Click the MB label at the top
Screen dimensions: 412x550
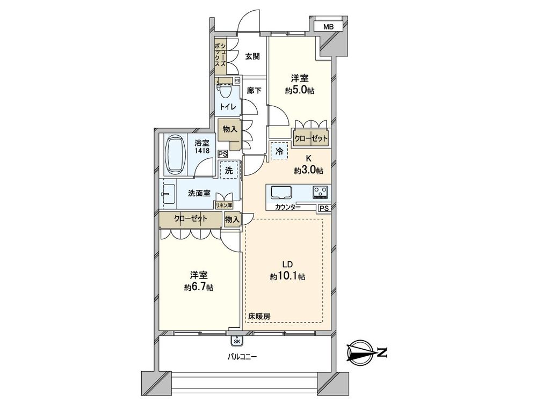pos(329,26)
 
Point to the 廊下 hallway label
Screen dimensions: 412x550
pos(254,91)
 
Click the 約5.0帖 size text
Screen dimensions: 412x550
pos(299,90)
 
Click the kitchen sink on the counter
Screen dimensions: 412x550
pos(281,192)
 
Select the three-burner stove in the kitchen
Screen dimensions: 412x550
pos(321,192)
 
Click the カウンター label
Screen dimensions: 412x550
pos(287,207)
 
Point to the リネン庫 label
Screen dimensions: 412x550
pos(223,204)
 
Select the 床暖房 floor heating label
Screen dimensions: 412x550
pos(259,317)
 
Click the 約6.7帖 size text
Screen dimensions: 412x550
pos(199,288)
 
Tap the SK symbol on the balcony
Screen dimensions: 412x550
pos(236,340)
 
